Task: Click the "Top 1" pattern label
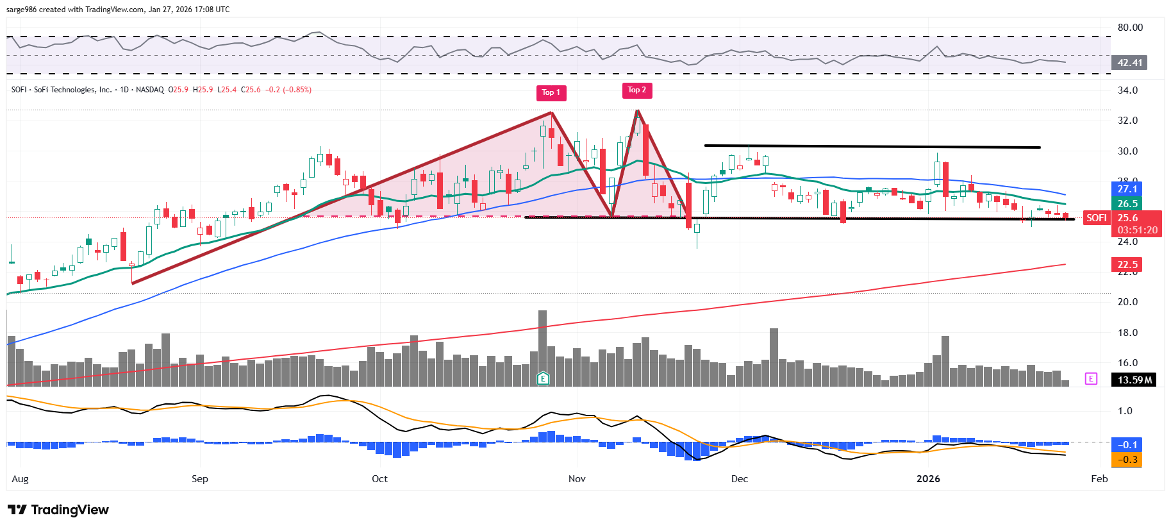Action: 551,92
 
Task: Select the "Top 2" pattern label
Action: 636,90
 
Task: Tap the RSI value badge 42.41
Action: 1129,63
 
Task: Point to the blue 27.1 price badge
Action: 1127,189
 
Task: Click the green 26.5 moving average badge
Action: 1127,204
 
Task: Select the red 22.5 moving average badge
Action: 1127,265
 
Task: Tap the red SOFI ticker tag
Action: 1096,218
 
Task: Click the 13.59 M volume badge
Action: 1134,380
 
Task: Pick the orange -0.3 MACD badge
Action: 1127,460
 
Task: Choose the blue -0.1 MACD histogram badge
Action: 1127,445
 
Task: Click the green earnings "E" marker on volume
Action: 543,378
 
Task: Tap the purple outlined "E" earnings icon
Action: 1091,379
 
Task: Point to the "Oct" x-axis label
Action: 379,479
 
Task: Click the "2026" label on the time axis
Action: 928,479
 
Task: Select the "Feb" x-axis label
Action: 1099,479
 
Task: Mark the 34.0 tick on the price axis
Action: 1127,90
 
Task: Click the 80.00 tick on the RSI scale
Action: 1130,28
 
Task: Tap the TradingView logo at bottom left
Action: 58,510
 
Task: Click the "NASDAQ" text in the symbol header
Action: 149,90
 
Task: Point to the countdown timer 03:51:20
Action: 1137,230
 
